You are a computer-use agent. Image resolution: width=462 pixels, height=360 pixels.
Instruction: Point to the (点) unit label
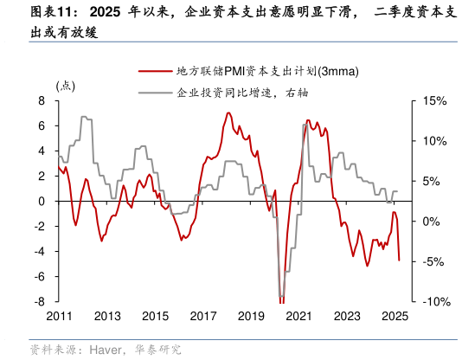point(66,86)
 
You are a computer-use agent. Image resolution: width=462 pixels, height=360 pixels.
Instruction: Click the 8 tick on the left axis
point(42,101)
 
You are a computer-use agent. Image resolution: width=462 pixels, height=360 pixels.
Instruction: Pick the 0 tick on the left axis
point(42,202)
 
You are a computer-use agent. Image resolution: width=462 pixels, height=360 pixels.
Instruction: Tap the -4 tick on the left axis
point(40,252)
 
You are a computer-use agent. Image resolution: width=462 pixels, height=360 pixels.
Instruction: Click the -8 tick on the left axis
point(40,302)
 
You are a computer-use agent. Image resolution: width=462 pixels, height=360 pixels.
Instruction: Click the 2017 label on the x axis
point(201,316)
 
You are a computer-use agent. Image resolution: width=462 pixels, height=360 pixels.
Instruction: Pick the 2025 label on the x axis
point(394,316)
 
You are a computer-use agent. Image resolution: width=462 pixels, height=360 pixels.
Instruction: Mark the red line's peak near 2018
point(228,112)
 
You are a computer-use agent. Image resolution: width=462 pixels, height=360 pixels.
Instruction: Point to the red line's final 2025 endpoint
point(399,260)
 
